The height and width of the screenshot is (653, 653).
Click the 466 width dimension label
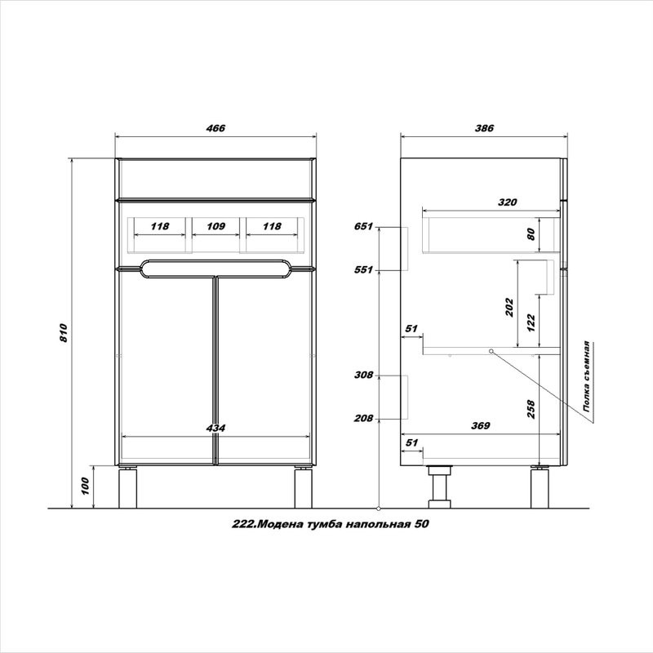(215, 128)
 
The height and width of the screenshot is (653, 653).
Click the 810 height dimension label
(64, 333)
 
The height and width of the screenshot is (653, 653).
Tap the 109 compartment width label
(215, 226)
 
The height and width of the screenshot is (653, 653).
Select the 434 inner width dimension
(215, 428)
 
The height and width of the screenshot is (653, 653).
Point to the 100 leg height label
(85, 486)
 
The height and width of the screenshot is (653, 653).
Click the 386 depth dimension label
(484, 128)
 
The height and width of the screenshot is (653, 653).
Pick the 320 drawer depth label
(507, 202)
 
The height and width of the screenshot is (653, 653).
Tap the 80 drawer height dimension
(531, 233)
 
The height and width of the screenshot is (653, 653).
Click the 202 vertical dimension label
(509, 307)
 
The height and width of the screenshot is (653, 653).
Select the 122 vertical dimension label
(531, 322)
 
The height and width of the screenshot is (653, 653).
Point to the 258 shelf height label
(531, 409)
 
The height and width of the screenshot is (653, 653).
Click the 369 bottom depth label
(481, 425)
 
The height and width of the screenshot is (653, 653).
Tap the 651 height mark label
(363, 227)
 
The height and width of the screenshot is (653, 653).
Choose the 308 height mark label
(363, 375)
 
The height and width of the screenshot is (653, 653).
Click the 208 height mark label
(363, 418)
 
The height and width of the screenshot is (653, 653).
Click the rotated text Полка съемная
(587, 377)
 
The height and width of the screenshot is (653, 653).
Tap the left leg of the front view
(128, 488)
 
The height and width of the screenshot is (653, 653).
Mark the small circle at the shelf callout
(491, 351)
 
